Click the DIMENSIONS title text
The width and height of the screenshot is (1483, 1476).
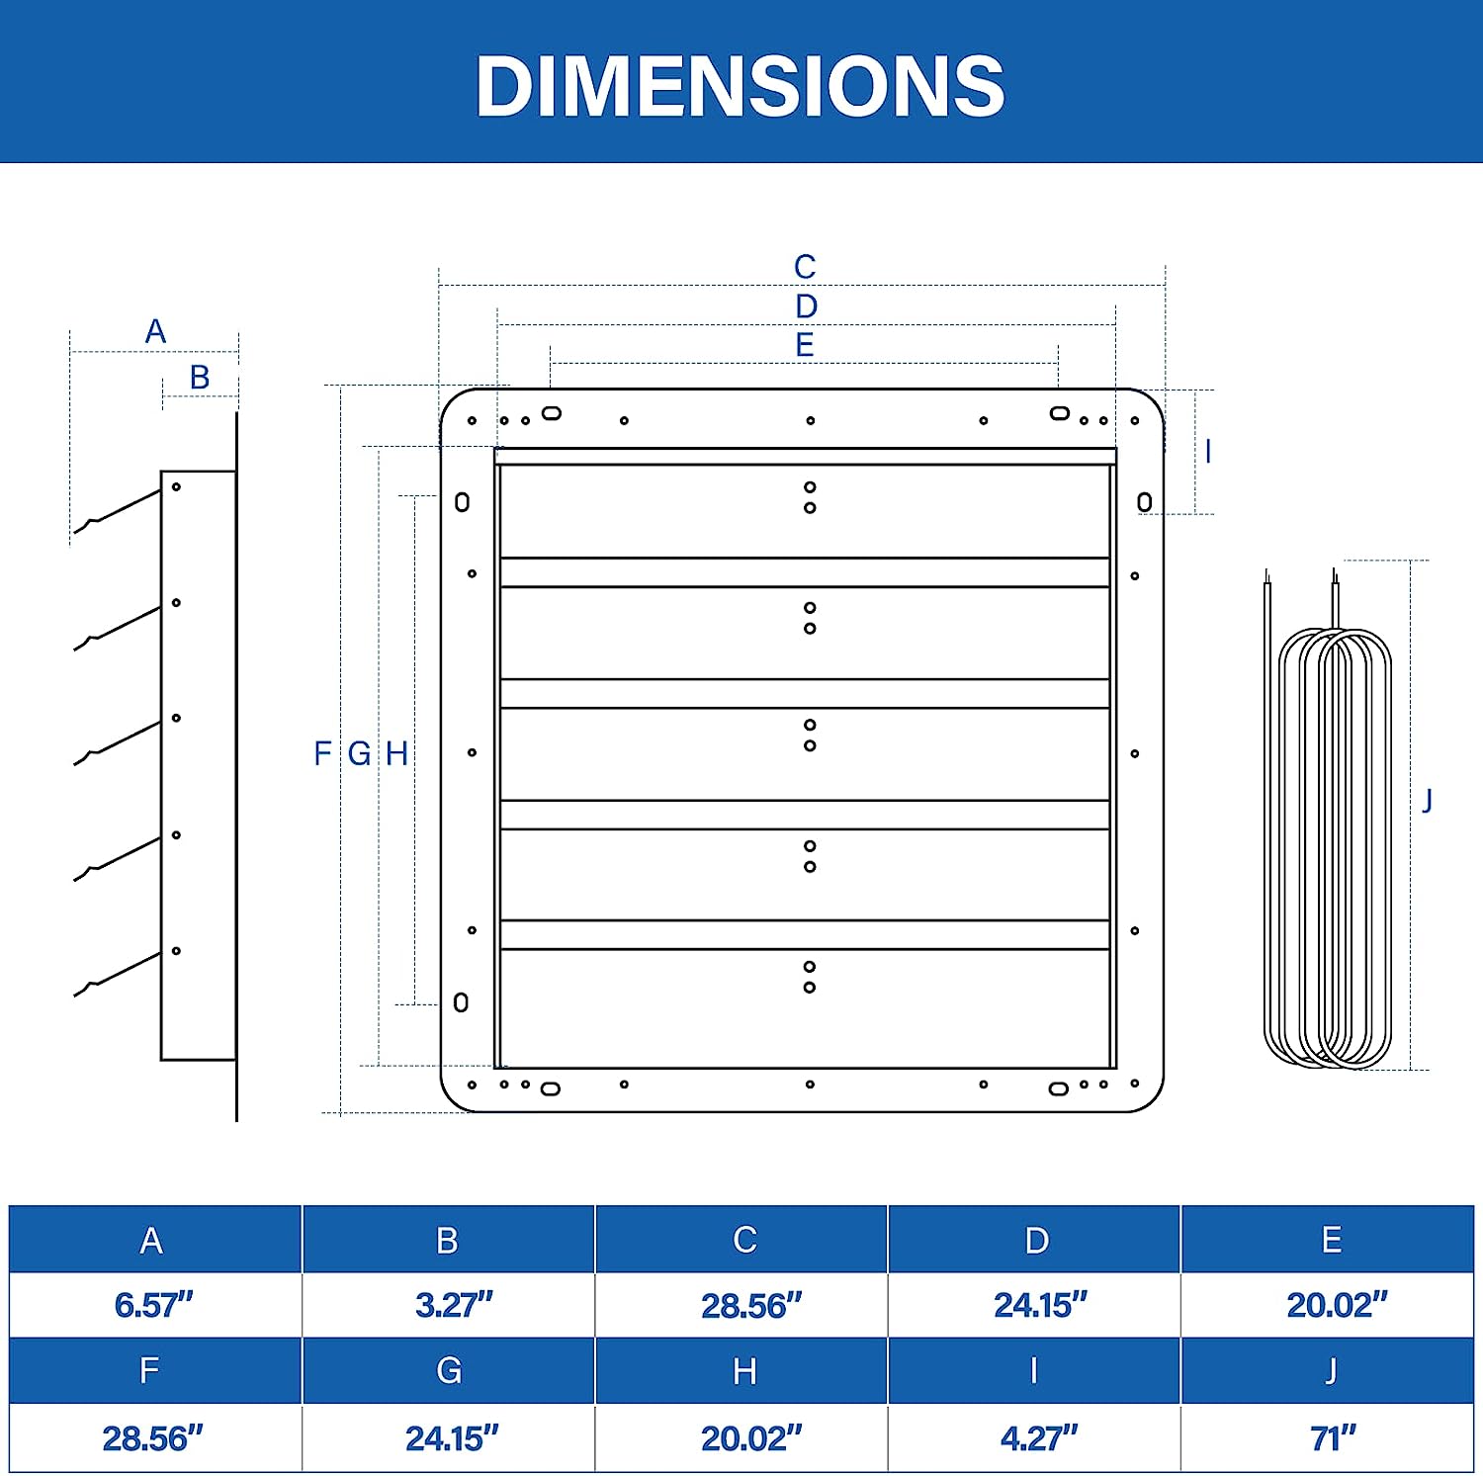[x=741, y=86]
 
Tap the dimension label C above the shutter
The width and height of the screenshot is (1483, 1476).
[x=805, y=267]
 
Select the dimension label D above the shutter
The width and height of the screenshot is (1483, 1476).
[x=807, y=306]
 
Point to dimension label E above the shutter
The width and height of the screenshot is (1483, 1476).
[x=805, y=345]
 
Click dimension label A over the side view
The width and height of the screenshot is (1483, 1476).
[x=155, y=331]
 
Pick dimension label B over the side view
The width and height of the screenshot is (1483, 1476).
[x=200, y=378]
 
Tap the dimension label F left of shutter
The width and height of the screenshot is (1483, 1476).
[x=322, y=753]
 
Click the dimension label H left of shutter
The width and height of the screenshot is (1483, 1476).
[x=396, y=753]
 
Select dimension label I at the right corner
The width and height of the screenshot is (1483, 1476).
[x=1208, y=452]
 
